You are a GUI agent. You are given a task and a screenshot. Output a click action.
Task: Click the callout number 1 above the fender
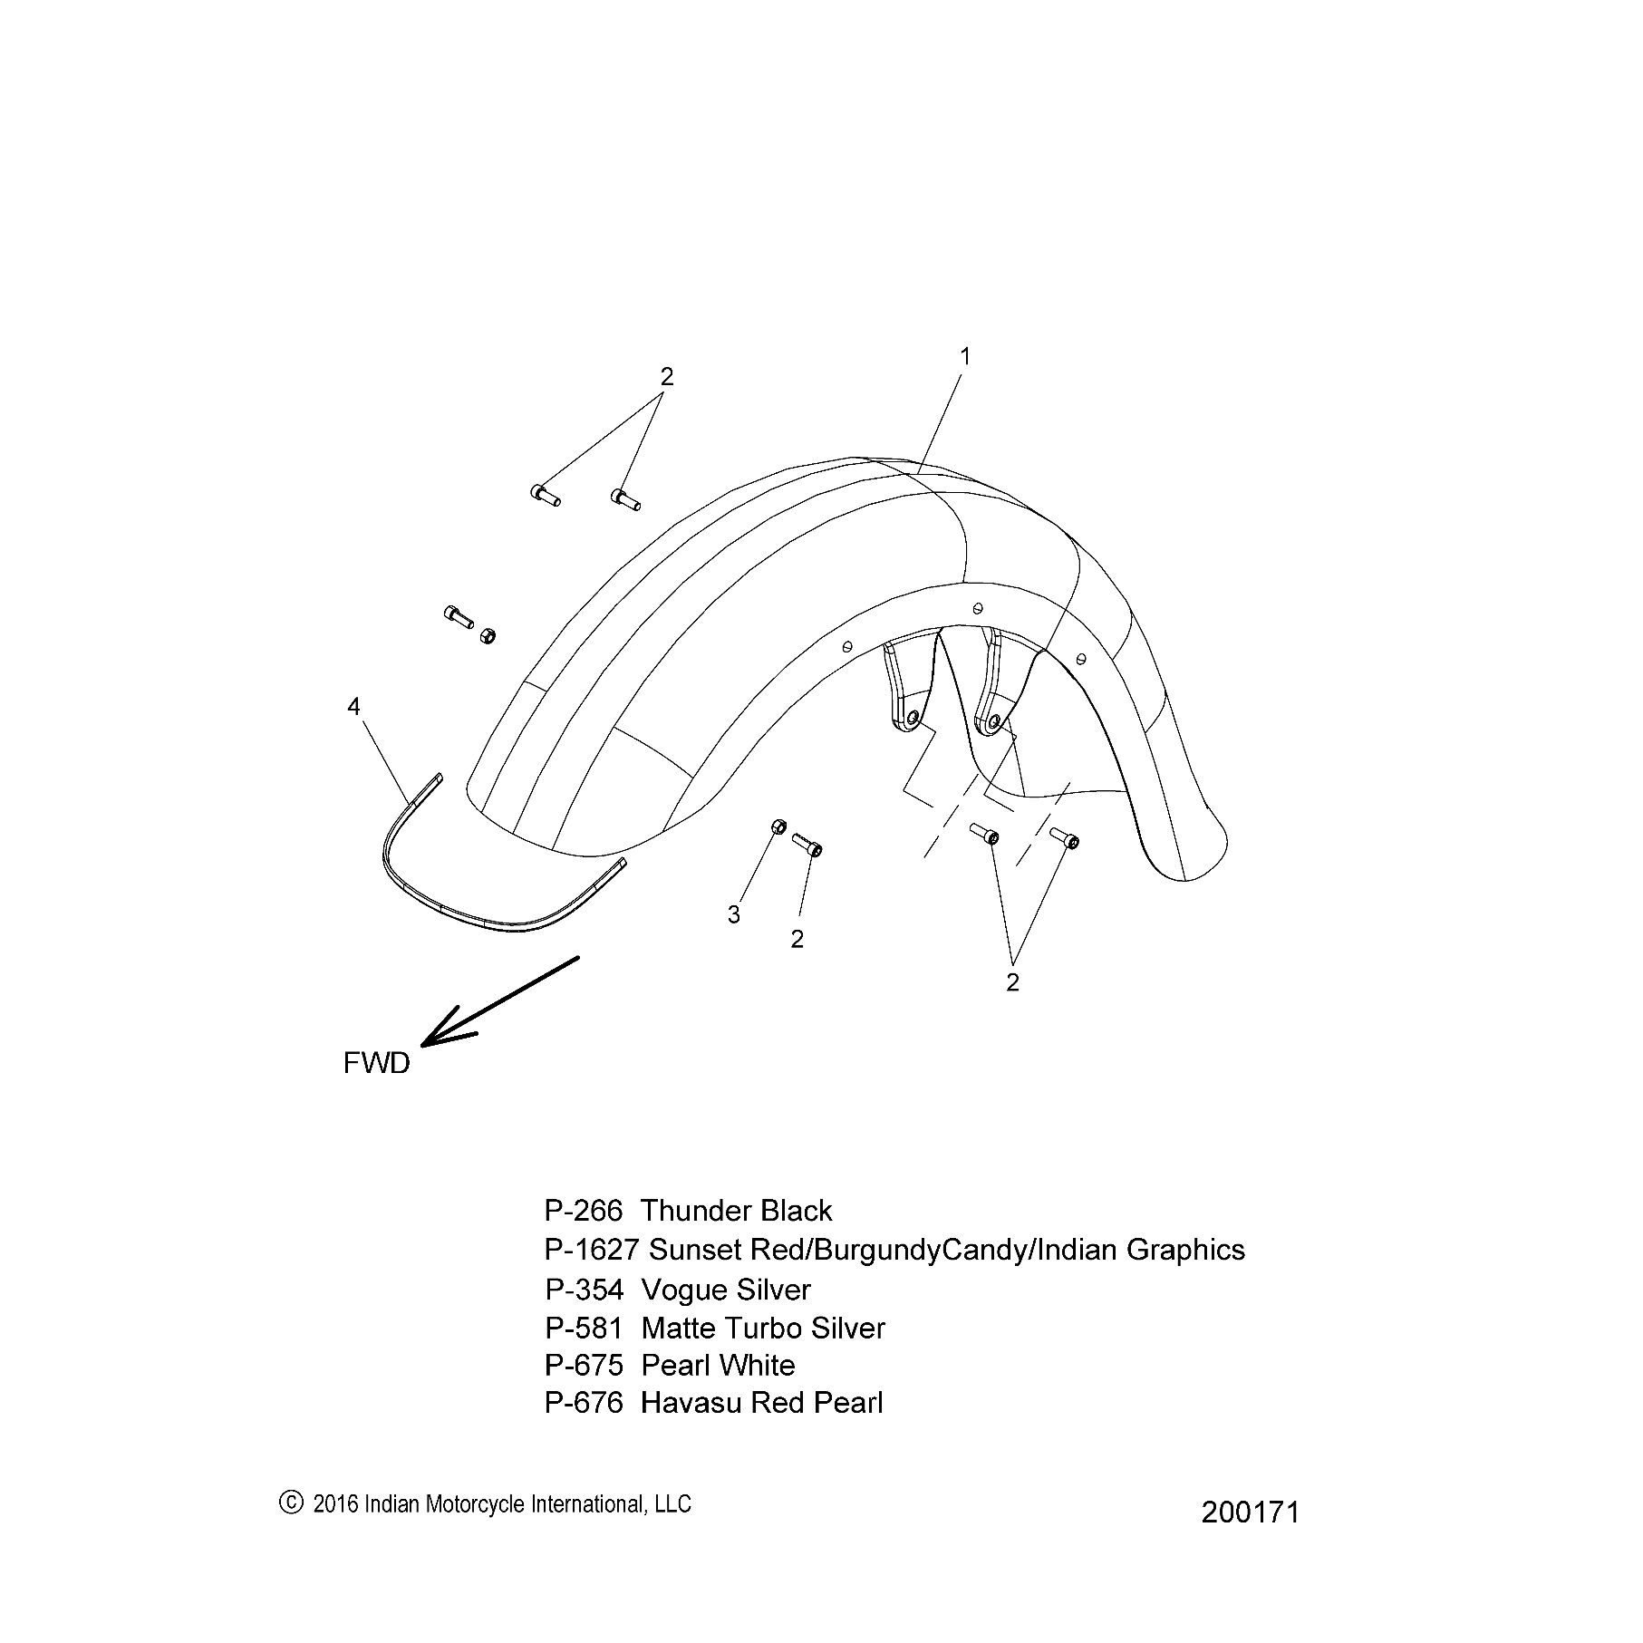tap(965, 357)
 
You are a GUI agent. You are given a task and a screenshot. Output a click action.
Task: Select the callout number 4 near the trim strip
tap(353, 707)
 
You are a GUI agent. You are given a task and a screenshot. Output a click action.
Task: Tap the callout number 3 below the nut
tap(734, 915)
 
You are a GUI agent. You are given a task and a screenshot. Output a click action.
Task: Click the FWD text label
tap(377, 1063)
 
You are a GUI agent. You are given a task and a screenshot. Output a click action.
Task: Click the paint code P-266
tap(584, 1211)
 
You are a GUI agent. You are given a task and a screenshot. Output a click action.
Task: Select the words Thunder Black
tap(736, 1211)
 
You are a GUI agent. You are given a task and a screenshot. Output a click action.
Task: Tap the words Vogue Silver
tap(726, 1290)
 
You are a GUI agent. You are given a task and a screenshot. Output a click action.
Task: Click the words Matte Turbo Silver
tap(763, 1329)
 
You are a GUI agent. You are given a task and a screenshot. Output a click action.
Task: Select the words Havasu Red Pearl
tap(761, 1403)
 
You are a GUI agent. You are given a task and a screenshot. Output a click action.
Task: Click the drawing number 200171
tap(1251, 1513)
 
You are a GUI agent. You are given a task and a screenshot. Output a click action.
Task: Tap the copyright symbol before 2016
tap(290, 1503)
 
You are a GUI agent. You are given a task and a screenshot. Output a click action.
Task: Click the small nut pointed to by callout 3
tap(778, 826)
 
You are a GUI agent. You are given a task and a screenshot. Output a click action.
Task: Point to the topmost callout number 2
tap(667, 376)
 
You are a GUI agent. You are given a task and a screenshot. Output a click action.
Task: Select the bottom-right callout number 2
tap(1012, 982)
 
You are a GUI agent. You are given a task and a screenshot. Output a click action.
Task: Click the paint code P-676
tap(584, 1403)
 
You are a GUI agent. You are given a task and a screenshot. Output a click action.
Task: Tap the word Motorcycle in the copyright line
tap(470, 1504)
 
